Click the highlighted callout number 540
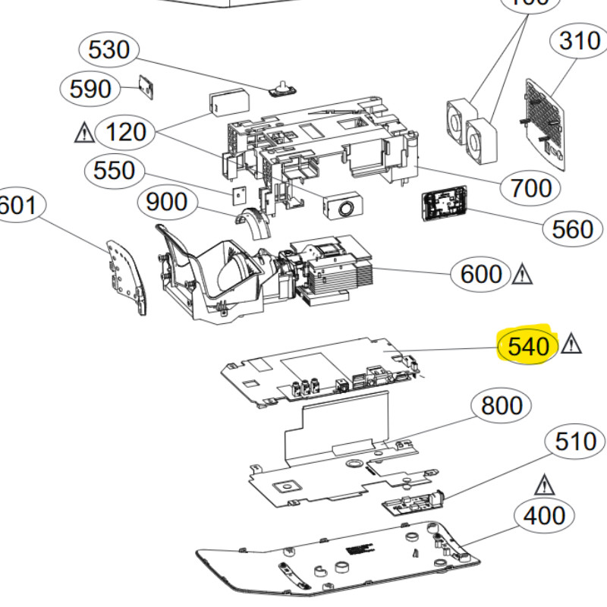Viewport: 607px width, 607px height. click(x=527, y=348)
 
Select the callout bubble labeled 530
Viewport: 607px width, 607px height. click(x=109, y=50)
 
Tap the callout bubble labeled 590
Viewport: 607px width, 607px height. click(x=90, y=90)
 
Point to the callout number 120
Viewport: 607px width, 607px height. click(x=125, y=133)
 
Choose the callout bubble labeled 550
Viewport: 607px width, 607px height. click(x=113, y=170)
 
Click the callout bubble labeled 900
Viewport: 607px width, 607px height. click(x=167, y=203)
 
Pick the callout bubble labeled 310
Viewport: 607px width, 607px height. click(x=579, y=41)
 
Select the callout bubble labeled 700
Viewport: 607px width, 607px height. click(x=531, y=187)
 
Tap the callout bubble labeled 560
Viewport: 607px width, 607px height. click(x=573, y=228)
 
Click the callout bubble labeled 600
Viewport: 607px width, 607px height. click(x=482, y=274)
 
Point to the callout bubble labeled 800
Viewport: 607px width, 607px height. click(x=502, y=406)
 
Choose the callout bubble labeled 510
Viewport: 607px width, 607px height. click(x=576, y=442)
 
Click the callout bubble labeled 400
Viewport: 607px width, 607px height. click(x=545, y=517)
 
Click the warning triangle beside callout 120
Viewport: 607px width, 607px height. click(x=84, y=134)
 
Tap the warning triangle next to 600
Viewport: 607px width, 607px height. click(x=523, y=273)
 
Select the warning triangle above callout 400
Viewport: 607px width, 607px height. click(x=543, y=483)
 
